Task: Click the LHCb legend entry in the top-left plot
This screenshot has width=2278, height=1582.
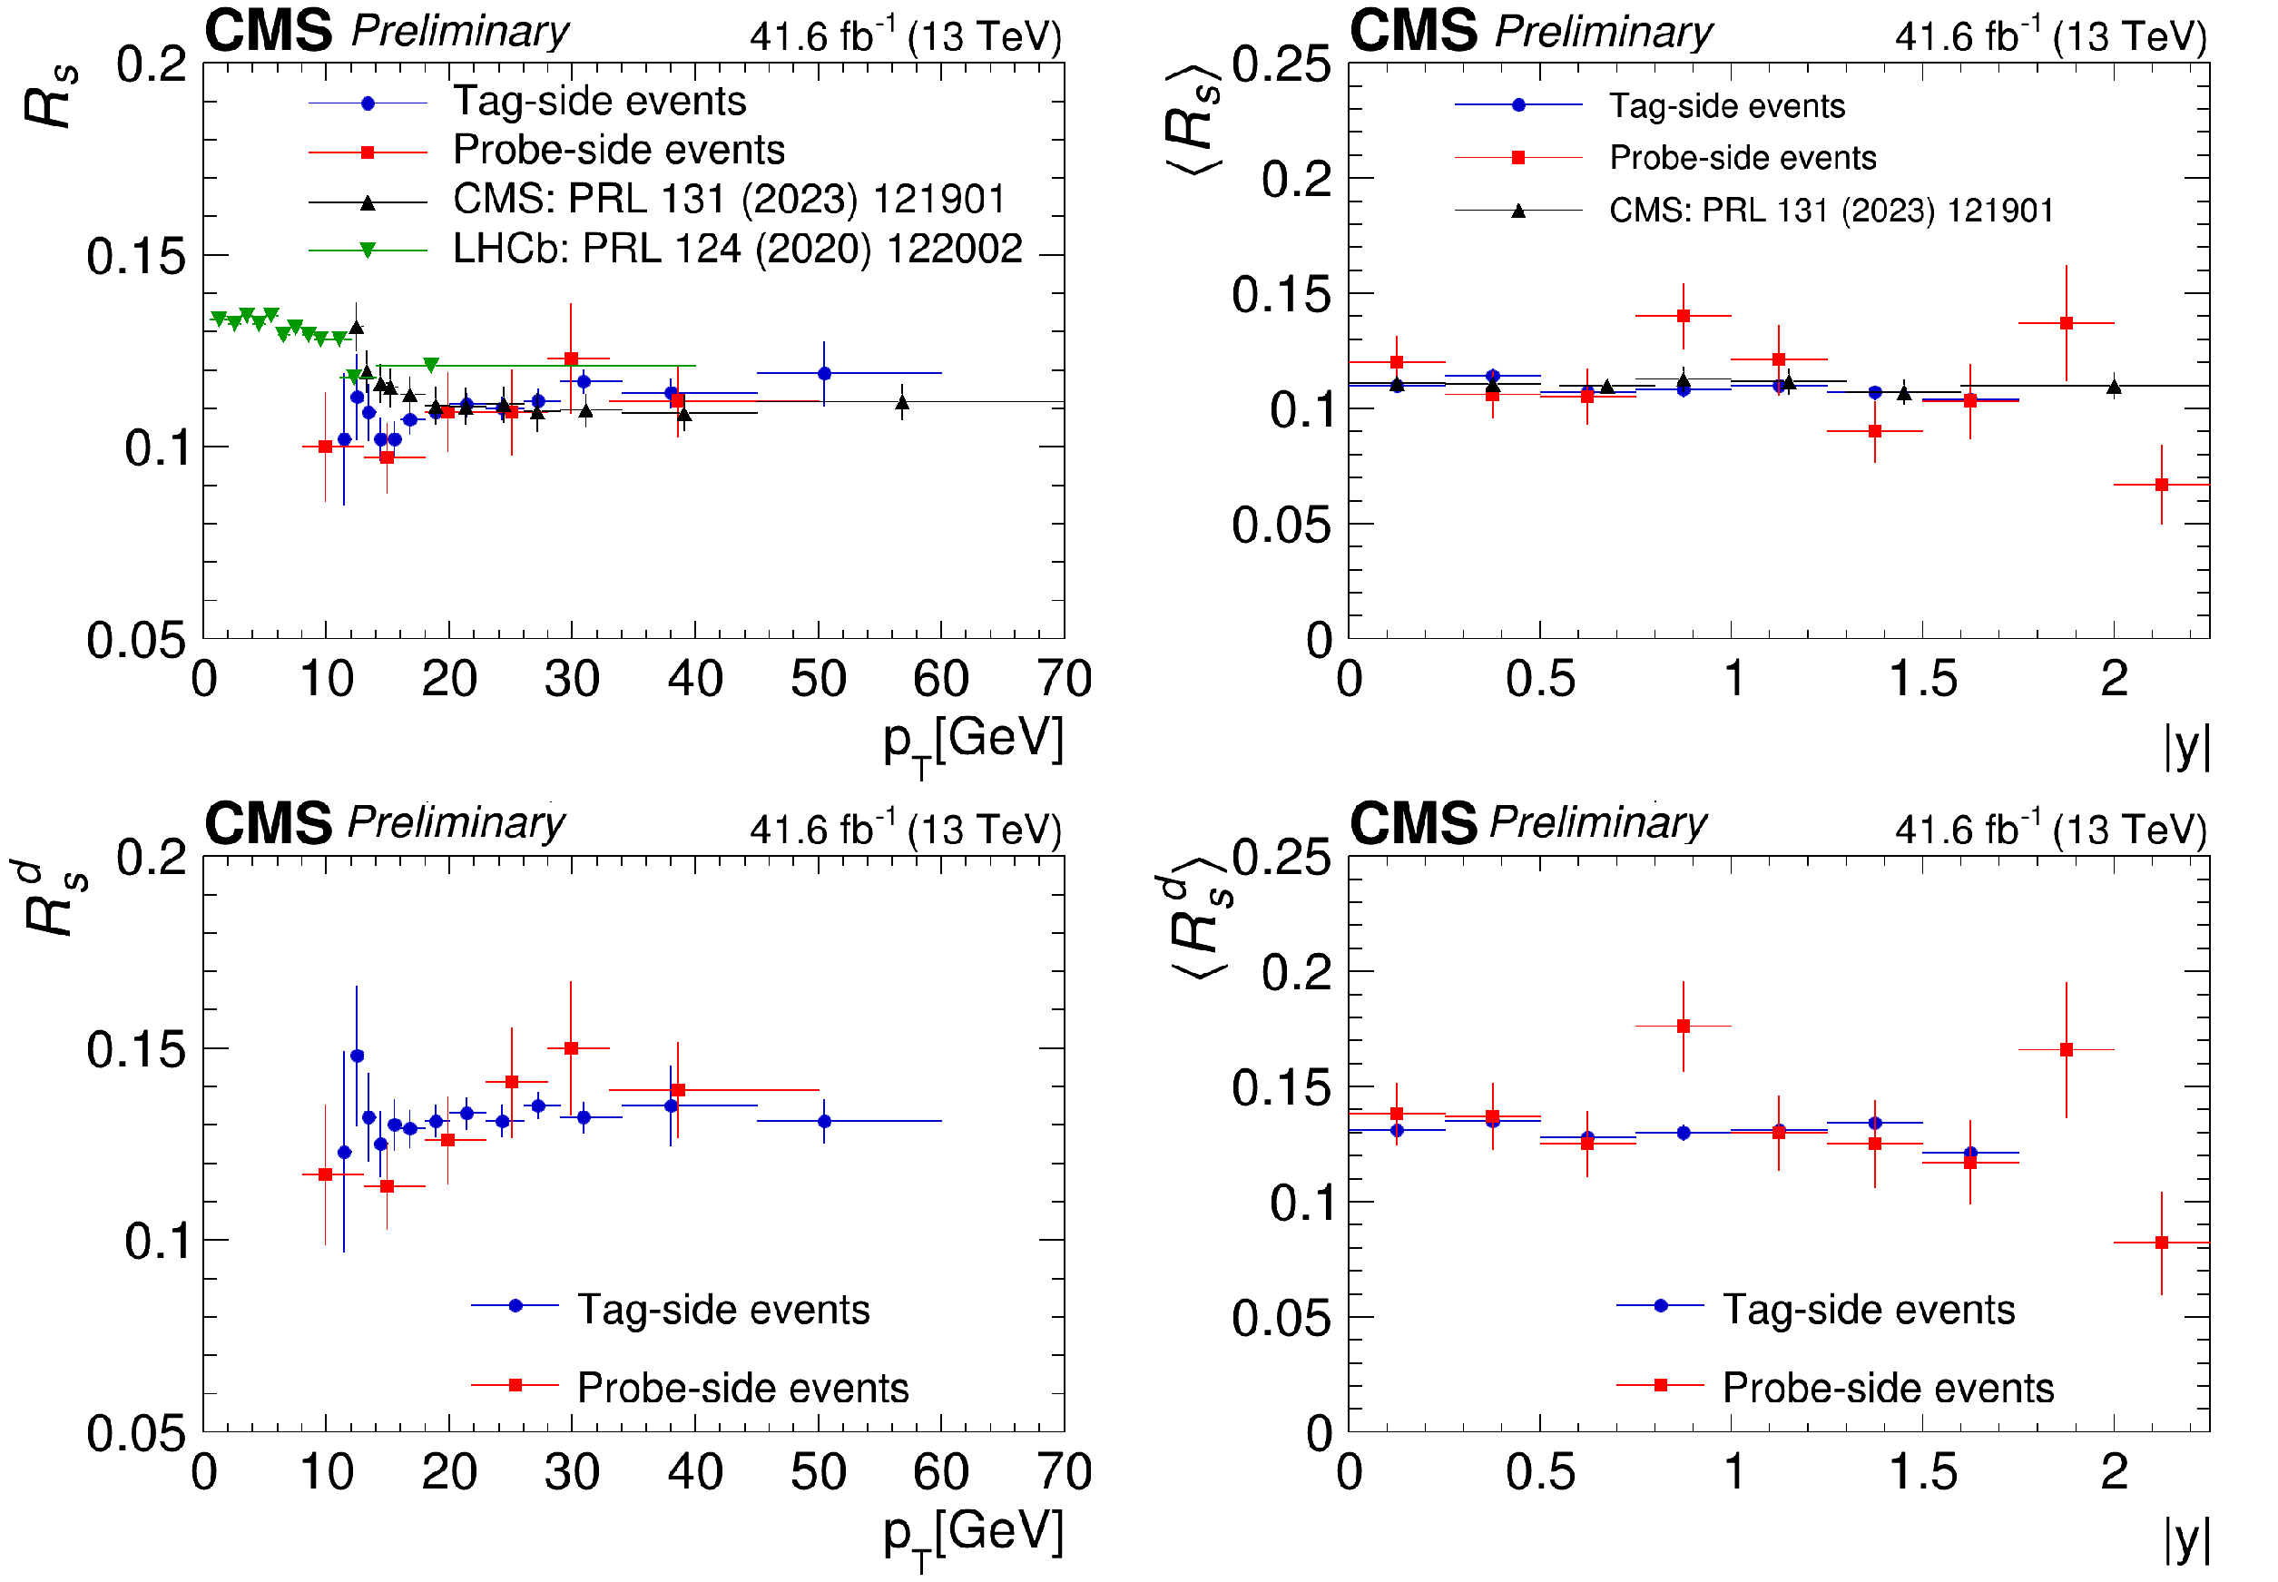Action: (x=736, y=249)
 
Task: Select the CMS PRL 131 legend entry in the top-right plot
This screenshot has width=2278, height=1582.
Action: (x=1831, y=211)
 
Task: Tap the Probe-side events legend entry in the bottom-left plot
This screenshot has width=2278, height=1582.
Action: (x=742, y=1388)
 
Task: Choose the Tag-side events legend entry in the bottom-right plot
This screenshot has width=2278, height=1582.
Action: (x=1868, y=1310)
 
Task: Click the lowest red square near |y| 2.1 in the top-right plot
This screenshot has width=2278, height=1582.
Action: (x=2161, y=485)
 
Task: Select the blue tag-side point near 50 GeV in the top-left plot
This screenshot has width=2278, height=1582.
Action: (x=824, y=374)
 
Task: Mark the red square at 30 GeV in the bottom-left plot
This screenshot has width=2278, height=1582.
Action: (x=571, y=1047)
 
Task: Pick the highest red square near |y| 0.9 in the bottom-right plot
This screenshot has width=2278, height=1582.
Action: (x=1684, y=1026)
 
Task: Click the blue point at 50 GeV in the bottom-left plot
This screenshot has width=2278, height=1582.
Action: (x=824, y=1121)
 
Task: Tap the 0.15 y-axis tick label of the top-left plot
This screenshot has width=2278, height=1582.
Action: (x=136, y=257)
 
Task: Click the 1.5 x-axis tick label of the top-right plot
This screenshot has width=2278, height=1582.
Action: (x=1922, y=680)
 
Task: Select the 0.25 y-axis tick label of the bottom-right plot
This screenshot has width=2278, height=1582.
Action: (x=1281, y=858)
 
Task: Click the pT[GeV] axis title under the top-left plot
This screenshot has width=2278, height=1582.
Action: (x=973, y=742)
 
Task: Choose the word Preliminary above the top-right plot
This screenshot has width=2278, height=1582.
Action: (x=1602, y=32)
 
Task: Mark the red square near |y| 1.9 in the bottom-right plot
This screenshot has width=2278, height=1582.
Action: (x=2066, y=1050)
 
